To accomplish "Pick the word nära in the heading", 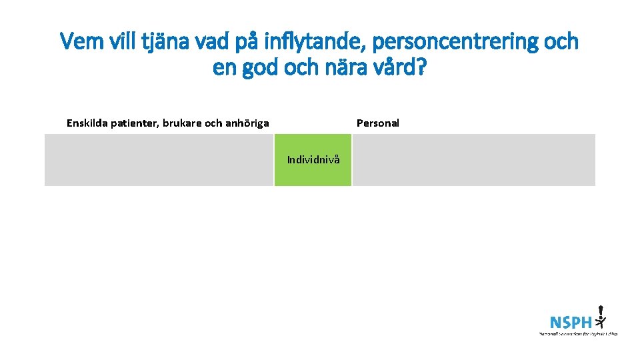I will point(343,67).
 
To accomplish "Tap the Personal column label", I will point(378,123).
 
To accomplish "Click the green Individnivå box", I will point(313,160).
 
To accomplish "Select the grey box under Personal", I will point(473,160).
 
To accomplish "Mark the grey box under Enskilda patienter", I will point(159,160).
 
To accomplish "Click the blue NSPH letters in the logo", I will point(571,322).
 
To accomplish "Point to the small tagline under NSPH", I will point(577,333).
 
